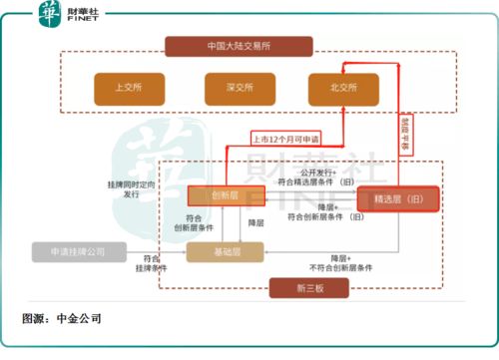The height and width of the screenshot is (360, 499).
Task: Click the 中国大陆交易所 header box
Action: [x=240, y=46]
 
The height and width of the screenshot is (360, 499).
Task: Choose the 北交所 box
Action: [x=344, y=88]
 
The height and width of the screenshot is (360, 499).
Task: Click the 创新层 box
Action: [x=225, y=196]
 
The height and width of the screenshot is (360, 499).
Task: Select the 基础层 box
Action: [x=225, y=252]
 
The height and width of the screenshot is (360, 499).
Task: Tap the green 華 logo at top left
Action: [x=49, y=13]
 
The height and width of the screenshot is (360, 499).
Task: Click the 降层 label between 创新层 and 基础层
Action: [x=255, y=221]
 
